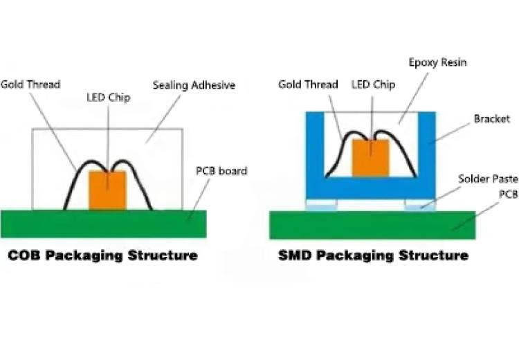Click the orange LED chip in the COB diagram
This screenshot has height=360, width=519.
coord(107,190)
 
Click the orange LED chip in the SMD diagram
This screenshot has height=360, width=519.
coord(370,158)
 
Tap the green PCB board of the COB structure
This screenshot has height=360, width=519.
coord(103,224)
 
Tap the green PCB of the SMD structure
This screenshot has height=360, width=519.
coord(372,225)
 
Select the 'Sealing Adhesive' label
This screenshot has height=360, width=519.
coord(194,85)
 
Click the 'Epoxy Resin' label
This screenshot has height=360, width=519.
coord(437,62)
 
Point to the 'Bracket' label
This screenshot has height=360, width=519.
coord(491,118)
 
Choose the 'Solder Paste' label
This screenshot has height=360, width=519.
coord(489,179)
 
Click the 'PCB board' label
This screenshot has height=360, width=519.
coord(221,170)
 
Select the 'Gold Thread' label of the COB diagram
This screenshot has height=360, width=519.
coord(30,84)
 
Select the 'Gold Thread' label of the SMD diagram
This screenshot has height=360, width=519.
coord(308,84)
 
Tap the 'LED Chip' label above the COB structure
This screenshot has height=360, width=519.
coord(109,98)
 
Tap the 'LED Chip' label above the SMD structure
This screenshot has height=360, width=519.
coord(373,84)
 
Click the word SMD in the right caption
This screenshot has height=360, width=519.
coord(295,255)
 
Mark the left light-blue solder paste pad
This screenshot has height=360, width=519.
coord(321,206)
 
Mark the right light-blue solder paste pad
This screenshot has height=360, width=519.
coord(420,206)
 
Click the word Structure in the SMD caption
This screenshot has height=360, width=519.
coord(434,255)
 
